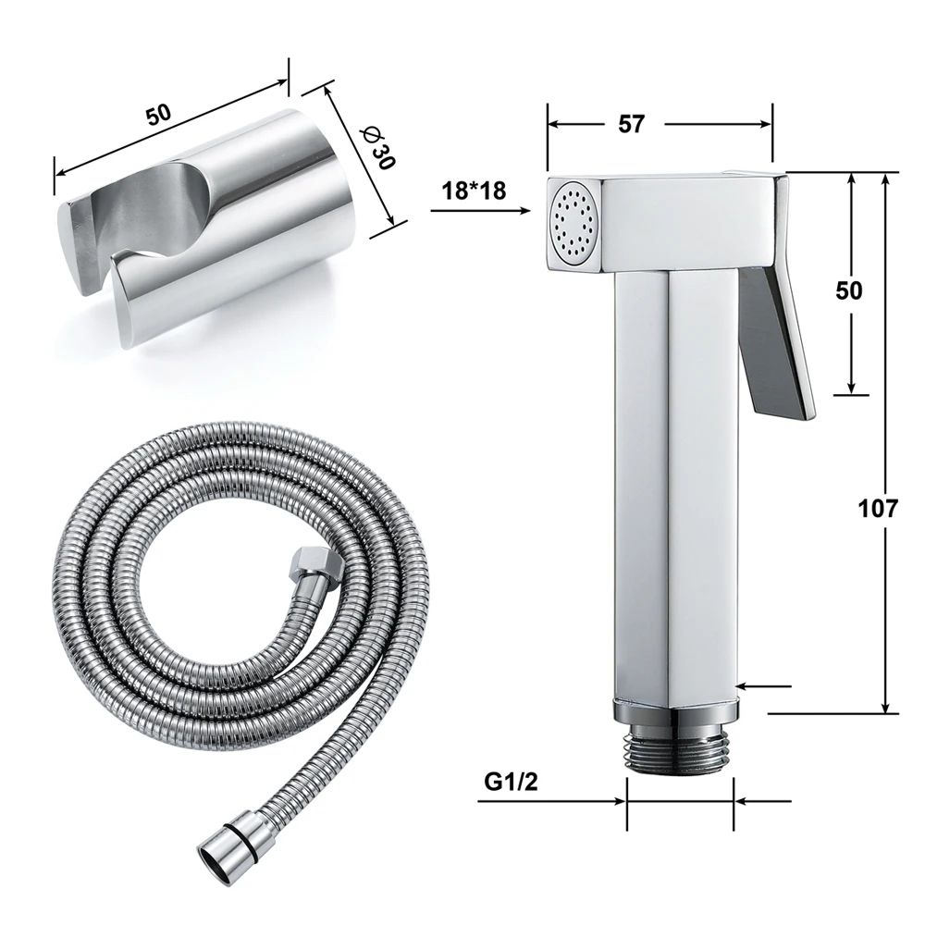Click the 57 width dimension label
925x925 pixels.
coord(631,124)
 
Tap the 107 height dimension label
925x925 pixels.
coord(878,508)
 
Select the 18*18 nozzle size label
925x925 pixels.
coord(474,191)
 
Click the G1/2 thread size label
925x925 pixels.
coord(511,782)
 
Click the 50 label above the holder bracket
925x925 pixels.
coord(158,115)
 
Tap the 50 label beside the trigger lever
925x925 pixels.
coord(849,290)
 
